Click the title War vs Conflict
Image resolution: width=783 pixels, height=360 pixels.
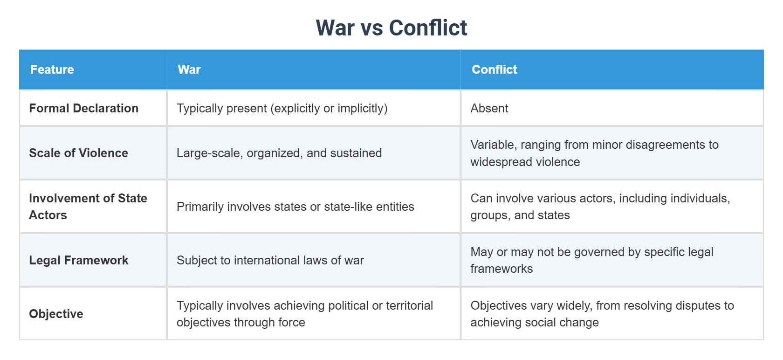(x=391, y=28)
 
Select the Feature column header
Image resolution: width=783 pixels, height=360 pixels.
(x=52, y=69)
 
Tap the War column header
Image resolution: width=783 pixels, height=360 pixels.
(x=189, y=69)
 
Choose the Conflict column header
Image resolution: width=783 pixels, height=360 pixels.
(x=495, y=69)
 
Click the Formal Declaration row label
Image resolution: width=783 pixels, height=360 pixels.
(x=84, y=108)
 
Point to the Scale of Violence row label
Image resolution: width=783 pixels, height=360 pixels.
(x=78, y=153)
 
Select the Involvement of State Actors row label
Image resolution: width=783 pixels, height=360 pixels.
(x=88, y=207)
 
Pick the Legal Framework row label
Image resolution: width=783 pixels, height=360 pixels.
(x=78, y=260)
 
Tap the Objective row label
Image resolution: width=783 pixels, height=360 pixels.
(x=56, y=314)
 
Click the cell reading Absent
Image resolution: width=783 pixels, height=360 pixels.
(x=489, y=108)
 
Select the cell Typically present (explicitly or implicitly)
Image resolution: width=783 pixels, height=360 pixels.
(x=282, y=108)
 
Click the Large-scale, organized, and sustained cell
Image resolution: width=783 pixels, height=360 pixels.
(x=279, y=153)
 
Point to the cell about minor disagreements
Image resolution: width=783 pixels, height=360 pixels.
(x=594, y=153)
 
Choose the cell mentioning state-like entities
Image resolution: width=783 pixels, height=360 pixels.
(x=295, y=207)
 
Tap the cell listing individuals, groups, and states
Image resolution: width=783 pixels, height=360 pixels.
(x=600, y=207)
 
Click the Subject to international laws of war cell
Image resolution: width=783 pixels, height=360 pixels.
(x=270, y=260)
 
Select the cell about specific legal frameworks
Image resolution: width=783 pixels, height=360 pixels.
(x=592, y=260)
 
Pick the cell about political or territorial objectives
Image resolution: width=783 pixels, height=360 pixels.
(x=305, y=314)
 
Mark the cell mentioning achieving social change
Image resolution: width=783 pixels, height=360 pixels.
(x=602, y=314)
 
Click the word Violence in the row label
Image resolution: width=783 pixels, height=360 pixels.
(x=103, y=153)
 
